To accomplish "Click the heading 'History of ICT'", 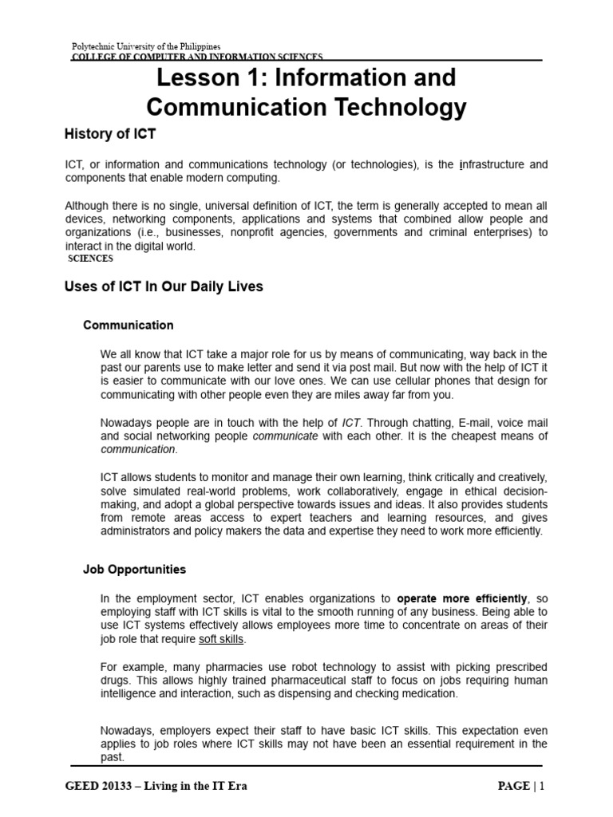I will click(110, 134).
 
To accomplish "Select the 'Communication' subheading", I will click(128, 326).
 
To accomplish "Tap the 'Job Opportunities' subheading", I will click(134, 570).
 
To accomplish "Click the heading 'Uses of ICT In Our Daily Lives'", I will click(163, 286).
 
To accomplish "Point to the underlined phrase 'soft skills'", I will click(222, 640).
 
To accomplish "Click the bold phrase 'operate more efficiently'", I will click(462, 598).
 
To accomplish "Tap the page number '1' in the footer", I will click(542, 786).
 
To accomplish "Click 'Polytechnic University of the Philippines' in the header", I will click(146, 47).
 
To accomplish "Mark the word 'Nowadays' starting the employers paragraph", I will click(127, 731).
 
